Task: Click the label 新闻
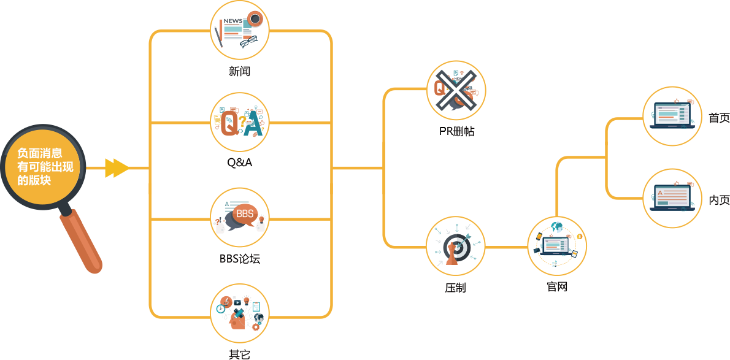coord(239,71)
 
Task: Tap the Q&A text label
coord(239,163)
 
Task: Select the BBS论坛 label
coord(239,258)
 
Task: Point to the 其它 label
coord(239,354)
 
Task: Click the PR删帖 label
coord(456,131)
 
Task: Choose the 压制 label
coord(455,288)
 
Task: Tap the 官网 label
coord(557,286)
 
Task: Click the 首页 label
coord(719,118)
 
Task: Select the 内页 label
coord(719,200)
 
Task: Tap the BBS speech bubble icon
coord(239,216)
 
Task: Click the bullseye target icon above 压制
coord(455,246)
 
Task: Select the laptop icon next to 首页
coord(672,115)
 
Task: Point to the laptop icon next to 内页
coord(672,198)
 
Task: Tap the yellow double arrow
coord(117,168)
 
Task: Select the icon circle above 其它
coord(239,313)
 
